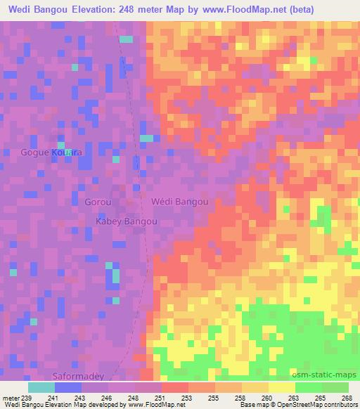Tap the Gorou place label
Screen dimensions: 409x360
(98, 202)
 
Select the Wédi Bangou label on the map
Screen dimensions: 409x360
(180, 202)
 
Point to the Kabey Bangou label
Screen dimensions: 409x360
(126, 221)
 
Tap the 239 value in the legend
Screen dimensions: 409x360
(27, 397)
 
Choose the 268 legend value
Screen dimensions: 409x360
(346, 397)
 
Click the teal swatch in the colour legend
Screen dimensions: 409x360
(41, 387)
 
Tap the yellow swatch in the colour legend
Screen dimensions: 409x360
(281, 387)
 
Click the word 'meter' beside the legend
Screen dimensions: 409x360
(11, 397)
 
